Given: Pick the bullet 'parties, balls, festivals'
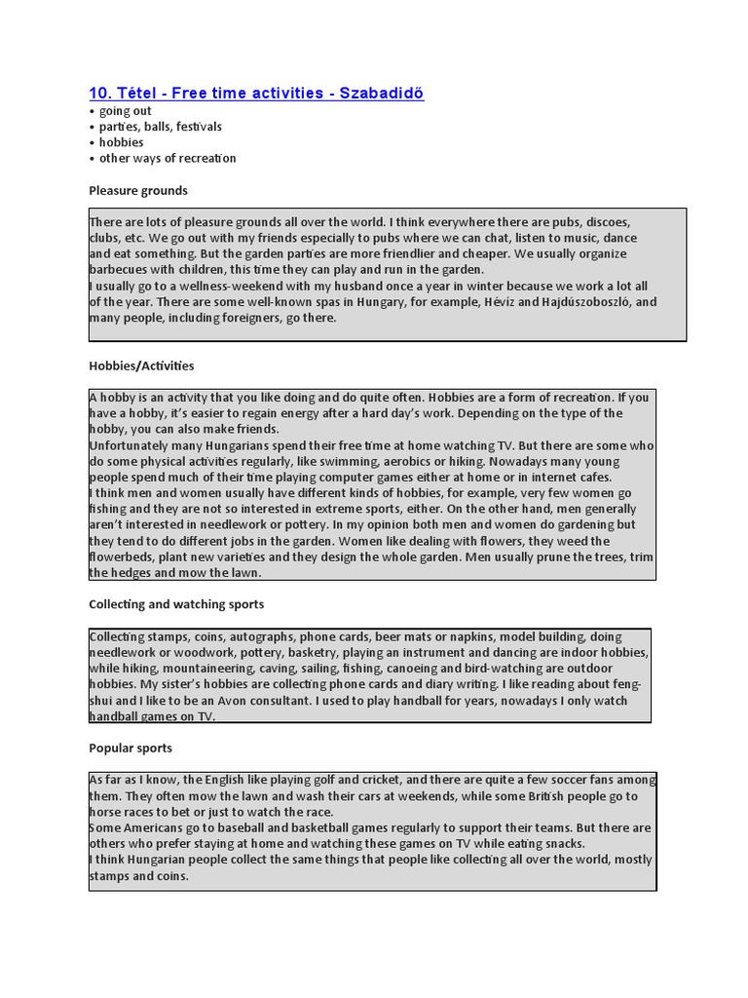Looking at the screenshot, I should (160, 127).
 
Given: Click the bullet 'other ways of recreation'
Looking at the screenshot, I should (168, 158).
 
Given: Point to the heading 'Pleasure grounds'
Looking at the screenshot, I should (138, 190).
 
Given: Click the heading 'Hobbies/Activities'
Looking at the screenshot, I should (141, 365).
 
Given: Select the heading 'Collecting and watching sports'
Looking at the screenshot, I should (176, 604).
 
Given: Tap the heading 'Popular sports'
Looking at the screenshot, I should (131, 748).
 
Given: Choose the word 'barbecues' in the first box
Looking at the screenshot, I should (121, 270).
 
